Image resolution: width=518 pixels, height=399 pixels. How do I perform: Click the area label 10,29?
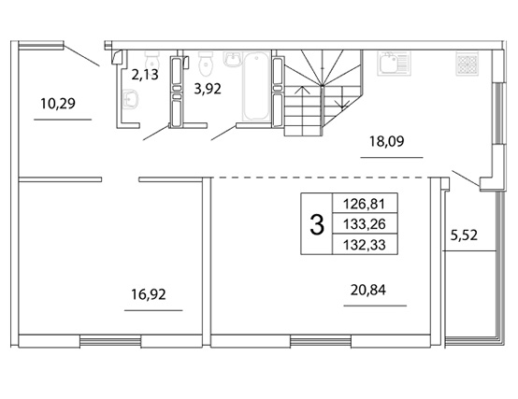pyautogui.click(x=58, y=104)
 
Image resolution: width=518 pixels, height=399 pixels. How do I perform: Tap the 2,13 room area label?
pyautogui.click(x=145, y=75)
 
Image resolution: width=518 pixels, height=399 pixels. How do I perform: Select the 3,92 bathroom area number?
pyautogui.click(x=208, y=89)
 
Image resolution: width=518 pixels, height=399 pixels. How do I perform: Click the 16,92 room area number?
pyautogui.click(x=149, y=294)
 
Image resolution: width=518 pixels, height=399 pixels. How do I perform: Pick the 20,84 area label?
pyautogui.click(x=368, y=290)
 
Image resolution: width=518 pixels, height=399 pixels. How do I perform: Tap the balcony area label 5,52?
pyautogui.click(x=464, y=235)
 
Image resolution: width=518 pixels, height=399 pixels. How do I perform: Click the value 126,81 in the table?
pyautogui.click(x=365, y=204)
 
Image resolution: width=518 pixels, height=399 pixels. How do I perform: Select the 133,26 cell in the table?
pyautogui.click(x=365, y=224)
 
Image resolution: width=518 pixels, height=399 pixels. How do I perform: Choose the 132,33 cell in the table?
pyautogui.click(x=365, y=245)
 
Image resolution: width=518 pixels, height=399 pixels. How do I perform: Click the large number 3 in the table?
pyautogui.click(x=317, y=224)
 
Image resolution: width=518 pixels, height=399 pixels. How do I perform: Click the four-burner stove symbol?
pyautogui.click(x=468, y=64)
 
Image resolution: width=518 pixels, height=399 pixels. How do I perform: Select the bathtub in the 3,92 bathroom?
pyautogui.click(x=256, y=87)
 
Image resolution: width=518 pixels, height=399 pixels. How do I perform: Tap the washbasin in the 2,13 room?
pyautogui.click(x=131, y=99)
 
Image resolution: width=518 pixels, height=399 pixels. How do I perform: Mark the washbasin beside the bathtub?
pyautogui.click(x=233, y=60)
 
